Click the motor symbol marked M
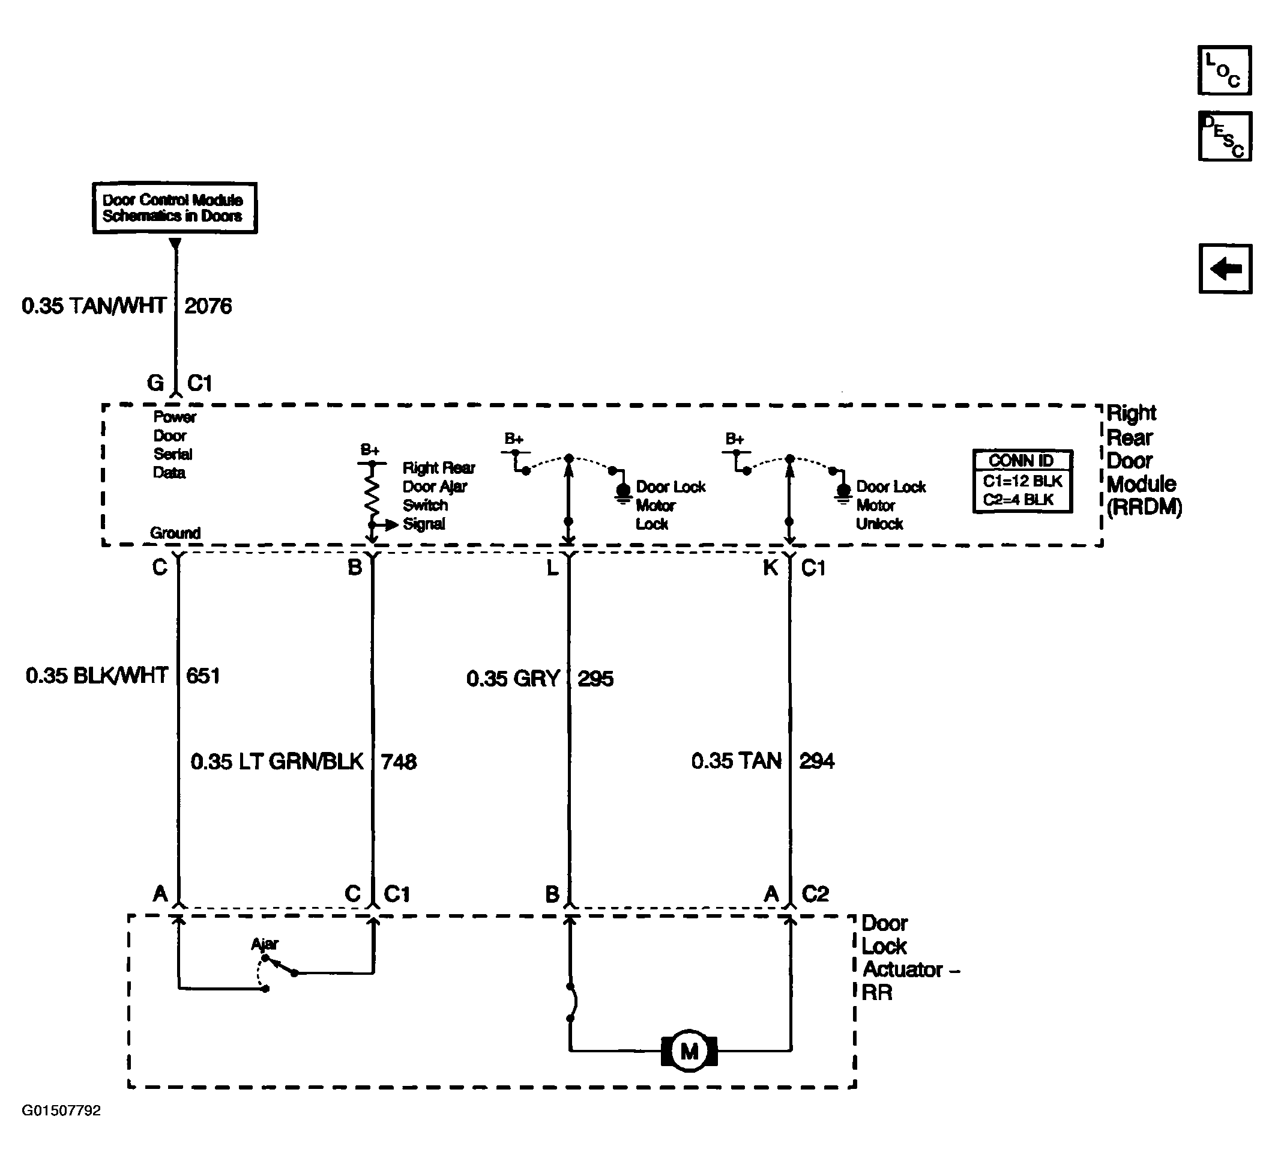click(x=689, y=1051)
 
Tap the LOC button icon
click(x=1225, y=70)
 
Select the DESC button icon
click(x=1225, y=136)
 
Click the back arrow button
click(x=1225, y=269)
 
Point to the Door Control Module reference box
click(x=175, y=208)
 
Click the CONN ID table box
click(x=1022, y=481)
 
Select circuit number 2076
click(x=208, y=306)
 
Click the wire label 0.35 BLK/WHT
click(x=97, y=676)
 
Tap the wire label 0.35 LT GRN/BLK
click(x=277, y=761)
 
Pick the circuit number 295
click(x=595, y=679)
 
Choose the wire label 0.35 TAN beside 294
click(x=736, y=760)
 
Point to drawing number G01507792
click(x=61, y=1111)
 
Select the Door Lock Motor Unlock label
click(x=890, y=505)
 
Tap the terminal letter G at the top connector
click(x=155, y=383)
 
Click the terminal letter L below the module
click(x=552, y=568)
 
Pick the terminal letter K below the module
click(x=770, y=568)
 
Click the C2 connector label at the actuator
click(x=815, y=894)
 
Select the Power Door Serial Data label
click(x=175, y=445)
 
